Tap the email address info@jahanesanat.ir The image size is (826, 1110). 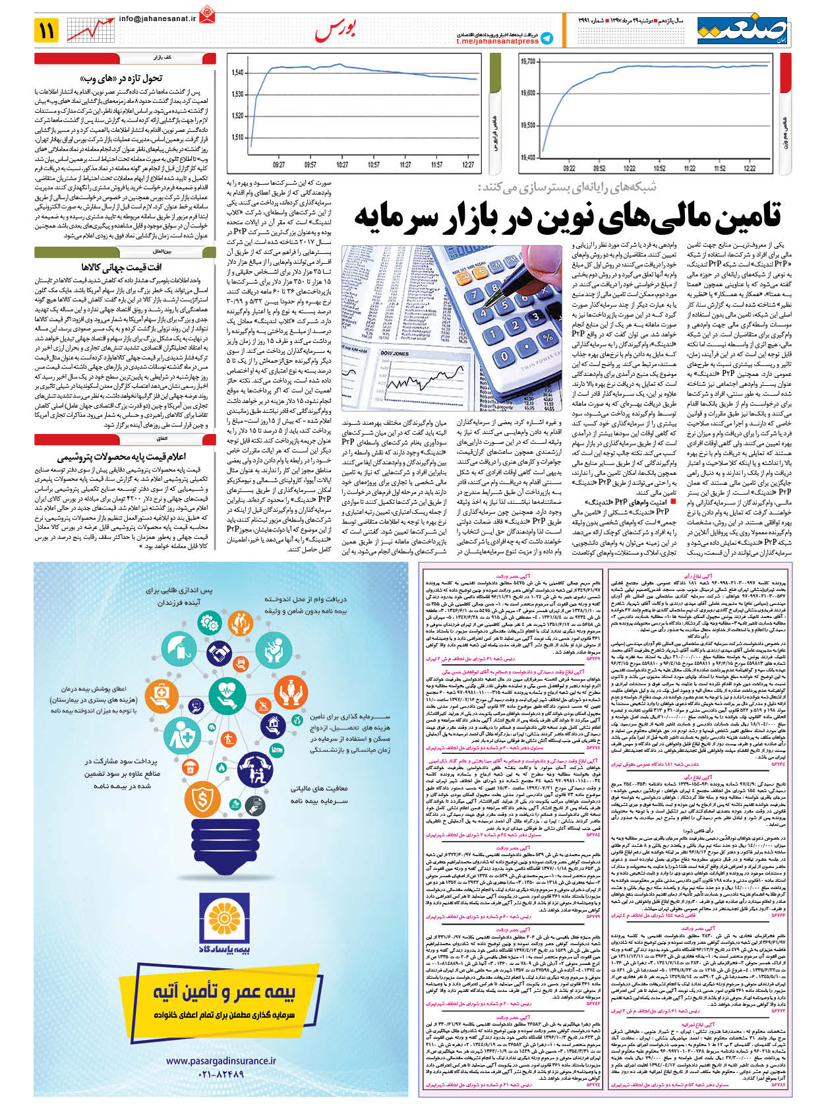coord(158,20)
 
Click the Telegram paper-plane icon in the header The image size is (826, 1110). coord(546,39)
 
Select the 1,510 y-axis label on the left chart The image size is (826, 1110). coord(238,137)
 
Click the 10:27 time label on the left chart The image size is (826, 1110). coord(341,165)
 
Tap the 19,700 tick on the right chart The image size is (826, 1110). coord(527,62)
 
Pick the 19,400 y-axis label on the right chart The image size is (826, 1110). coord(527,158)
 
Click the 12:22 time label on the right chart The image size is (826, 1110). coord(749,168)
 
